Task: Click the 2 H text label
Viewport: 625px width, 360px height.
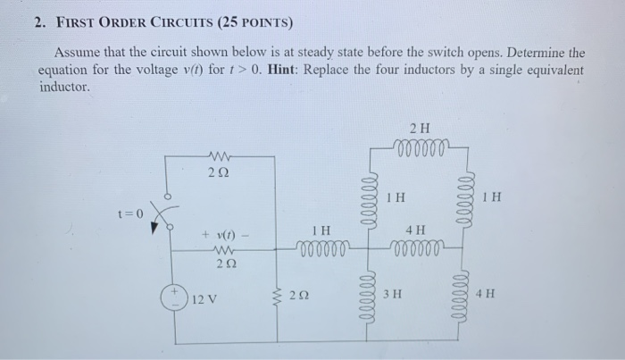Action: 418,127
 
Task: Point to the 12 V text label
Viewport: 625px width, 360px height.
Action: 205,298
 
